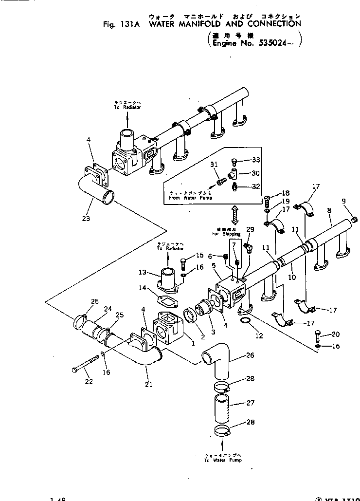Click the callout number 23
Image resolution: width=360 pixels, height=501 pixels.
pyautogui.click(x=86, y=218)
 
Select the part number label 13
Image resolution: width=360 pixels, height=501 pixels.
pyautogui.click(x=142, y=272)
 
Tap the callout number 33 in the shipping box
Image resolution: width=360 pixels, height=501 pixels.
pyautogui.click(x=256, y=160)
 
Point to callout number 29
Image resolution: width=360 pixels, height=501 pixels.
pyautogui.click(x=250, y=229)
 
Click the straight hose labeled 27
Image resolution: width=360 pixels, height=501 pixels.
pyautogui.click(x=221, y=404)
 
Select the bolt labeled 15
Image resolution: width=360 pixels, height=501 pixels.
pyautogui.click(x=183, y=264)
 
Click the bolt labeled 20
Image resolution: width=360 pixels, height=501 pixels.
pyautogui.click(x=317, y=336)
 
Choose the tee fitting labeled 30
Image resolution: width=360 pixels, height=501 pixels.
pyautogui.click(x=233, y=174)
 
